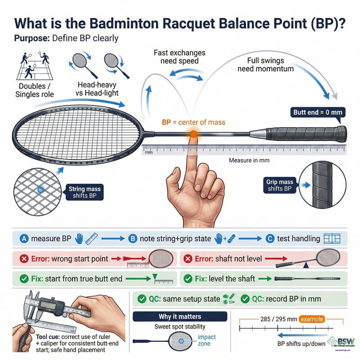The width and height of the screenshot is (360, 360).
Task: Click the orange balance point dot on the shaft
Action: point(193,134)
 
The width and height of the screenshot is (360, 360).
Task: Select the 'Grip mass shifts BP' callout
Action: point(279,184)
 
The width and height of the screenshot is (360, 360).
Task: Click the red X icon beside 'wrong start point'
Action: point(21,259)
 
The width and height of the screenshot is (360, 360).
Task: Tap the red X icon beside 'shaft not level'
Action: point(189,259)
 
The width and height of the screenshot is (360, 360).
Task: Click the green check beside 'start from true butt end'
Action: point(21,279)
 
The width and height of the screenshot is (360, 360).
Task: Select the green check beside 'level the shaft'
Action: point(189,279)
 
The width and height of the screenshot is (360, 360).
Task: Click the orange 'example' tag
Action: point(311,319)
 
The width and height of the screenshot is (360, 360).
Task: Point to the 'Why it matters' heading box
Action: point(180,317)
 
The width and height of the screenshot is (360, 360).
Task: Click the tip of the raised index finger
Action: point(192,140)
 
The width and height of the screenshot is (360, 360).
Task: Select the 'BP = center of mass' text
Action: point(193,121)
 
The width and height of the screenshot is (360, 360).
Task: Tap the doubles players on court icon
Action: point(32,66)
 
